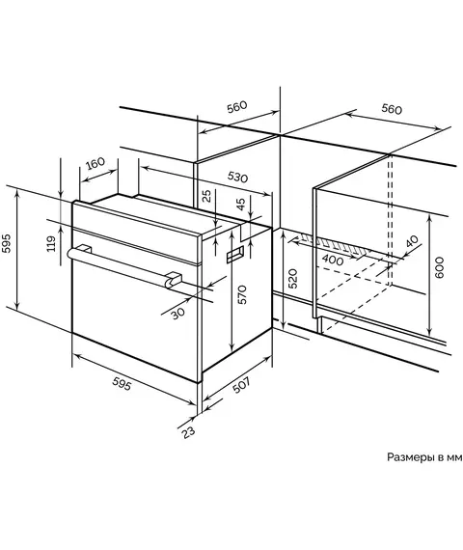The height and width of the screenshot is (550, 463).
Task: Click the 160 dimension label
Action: click(95, 163)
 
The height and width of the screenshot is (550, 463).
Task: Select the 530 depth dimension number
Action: click(237, 177)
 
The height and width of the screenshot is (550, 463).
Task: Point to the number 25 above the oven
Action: click(207, 196)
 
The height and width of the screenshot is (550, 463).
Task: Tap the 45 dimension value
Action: click(240, 205)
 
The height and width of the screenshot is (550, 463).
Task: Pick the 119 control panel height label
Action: click(51, 243)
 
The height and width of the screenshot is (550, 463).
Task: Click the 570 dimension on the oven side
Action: click(242, 294)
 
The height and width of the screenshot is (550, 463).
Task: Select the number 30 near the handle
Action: click(178, 313)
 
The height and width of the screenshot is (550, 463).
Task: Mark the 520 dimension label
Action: click(293, 279)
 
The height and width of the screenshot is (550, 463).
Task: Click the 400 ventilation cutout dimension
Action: click(333, 260)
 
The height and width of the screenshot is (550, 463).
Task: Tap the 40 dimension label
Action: click(412, 241)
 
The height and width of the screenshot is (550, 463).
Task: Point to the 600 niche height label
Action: click(439, 267)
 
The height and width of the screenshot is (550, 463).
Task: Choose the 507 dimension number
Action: click(242, 385)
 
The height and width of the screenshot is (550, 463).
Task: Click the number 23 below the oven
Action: click(188, 431)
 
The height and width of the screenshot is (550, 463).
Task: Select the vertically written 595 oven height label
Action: click(7, 243)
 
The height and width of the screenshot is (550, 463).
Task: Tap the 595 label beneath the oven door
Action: click(122, 383)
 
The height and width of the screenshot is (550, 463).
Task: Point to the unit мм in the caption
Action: click(454, 457)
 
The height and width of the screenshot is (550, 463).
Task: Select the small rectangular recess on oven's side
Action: click(235, 254)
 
